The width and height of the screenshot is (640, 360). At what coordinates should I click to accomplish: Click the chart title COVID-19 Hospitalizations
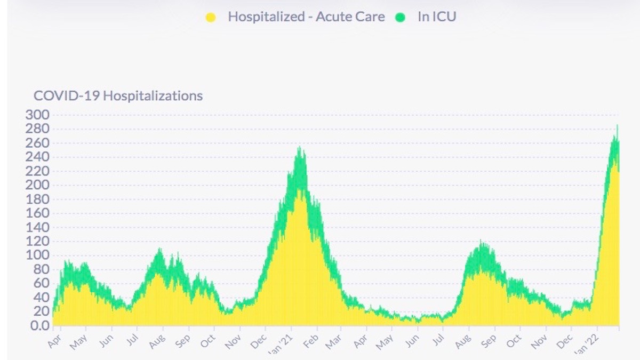(118, 96)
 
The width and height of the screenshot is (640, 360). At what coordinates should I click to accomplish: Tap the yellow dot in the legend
(211, 17)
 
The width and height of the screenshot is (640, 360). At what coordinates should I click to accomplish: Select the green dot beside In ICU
(401, 17)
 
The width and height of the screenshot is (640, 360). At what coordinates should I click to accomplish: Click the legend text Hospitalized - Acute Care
(306, 17)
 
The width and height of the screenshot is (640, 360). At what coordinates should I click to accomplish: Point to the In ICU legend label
(437, 17)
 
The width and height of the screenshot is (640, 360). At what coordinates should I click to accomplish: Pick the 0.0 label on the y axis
(40, 325)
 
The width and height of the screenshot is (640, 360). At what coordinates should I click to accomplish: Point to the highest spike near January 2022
(617, 125)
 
